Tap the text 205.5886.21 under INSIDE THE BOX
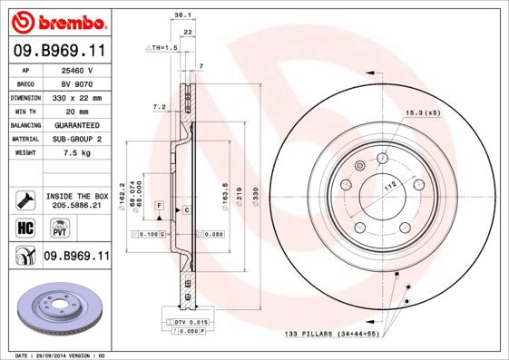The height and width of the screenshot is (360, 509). [x=77, y=206]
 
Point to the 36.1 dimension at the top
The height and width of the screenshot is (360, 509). [x=181, y=15]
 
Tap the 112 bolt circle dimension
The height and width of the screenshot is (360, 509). [x=391, y=186]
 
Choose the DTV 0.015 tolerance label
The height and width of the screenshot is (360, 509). [x=190, y=322]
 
